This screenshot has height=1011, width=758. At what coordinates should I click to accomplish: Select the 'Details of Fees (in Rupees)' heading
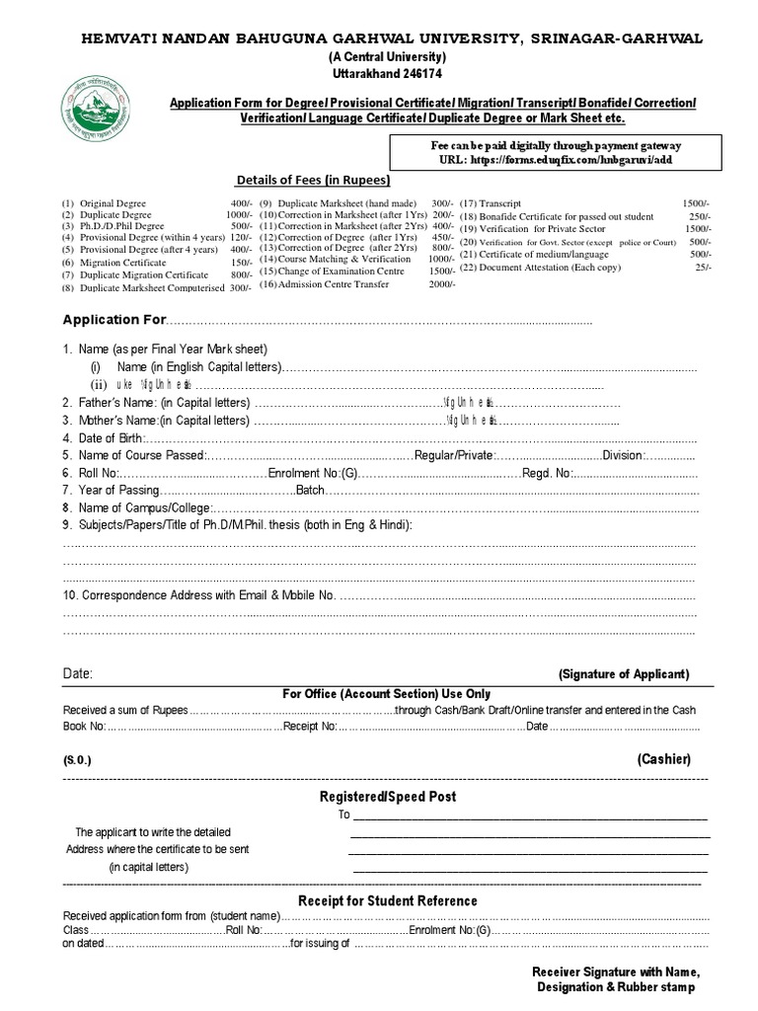[312, 181]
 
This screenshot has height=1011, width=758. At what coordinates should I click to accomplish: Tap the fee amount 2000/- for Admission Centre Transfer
[441, 284]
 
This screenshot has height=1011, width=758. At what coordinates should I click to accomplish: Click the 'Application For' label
[114, 320]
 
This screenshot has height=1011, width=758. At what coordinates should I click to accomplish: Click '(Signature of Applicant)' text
[624, 674]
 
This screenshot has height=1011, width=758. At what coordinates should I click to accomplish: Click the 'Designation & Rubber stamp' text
[615, 987]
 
